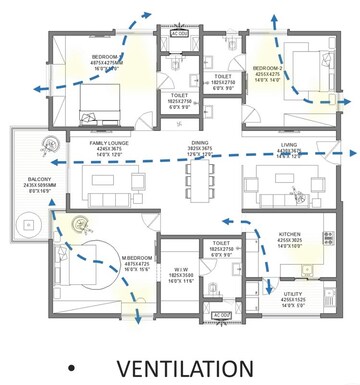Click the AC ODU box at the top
pyautogui.click(x=180, y=34)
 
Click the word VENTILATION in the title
pyautogui.click(x=185, y=366)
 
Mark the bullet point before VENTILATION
pyautogui.click(x=69, y=367)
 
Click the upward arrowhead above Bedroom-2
pyautogui.click(x=270, y=17)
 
